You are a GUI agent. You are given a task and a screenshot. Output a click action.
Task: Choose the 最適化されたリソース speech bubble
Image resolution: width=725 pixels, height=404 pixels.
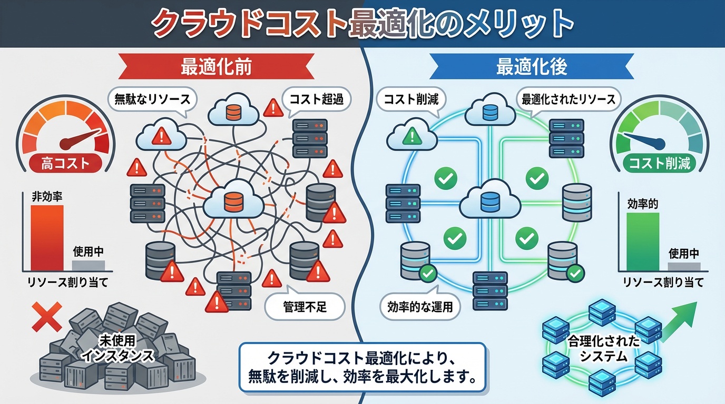pyautogui.click(x=568, y=98)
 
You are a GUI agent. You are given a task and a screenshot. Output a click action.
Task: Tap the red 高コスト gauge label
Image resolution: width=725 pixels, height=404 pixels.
pyautogui.click(x=65, y=164)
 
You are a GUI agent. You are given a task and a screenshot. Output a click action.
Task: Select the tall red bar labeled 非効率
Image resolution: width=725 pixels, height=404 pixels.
pyautogui.click(x=47, y=237)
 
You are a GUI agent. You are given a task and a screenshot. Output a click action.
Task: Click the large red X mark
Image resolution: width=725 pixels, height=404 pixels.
pyautogui.click(x=46, y=314)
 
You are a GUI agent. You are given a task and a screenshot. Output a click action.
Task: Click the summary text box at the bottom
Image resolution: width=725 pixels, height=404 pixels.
pyautogui.click(x=362, y=367)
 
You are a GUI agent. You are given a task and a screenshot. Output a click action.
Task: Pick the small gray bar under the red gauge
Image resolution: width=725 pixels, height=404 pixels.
pyautogui.click(x=88, y=265)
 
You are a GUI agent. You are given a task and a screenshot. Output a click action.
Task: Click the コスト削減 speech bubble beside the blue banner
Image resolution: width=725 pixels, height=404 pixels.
pyautogui.click(x=410, y=98)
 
